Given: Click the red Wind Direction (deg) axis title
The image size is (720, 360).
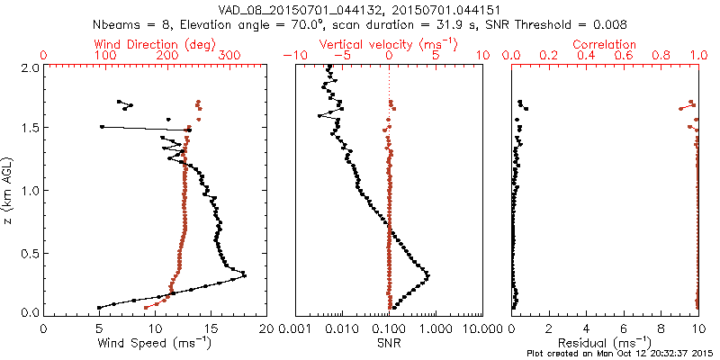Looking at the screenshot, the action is pos(154,44).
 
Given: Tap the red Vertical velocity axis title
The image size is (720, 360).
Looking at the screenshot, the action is pos(389,44).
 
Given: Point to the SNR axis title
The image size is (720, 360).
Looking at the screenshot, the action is pos(389,343).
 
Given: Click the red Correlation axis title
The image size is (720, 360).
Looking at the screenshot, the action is pos(604,44).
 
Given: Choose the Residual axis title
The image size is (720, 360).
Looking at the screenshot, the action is pos(604,343).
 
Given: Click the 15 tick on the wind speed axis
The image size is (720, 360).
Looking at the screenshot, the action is pos(211,329).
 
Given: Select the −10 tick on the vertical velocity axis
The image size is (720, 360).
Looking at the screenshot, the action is pos(295,56).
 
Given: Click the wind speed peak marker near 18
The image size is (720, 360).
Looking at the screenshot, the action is pos(244,276).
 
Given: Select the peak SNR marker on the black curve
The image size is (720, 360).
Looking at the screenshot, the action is pos(427,276).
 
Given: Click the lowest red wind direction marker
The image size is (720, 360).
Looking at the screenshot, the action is pos(146,308).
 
